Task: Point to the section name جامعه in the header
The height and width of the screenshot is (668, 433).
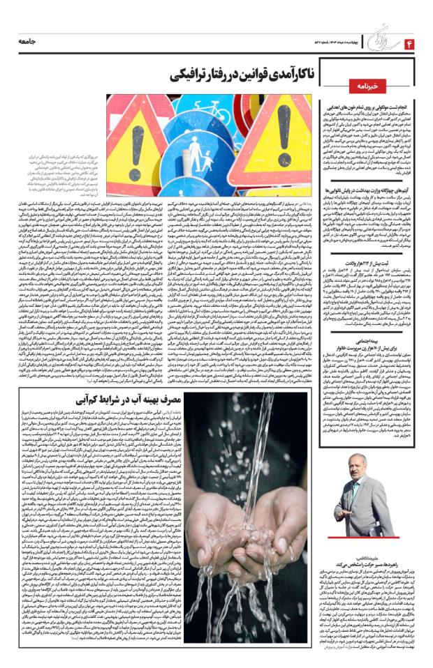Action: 33,43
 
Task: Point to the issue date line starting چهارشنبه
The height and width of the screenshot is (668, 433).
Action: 329,44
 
